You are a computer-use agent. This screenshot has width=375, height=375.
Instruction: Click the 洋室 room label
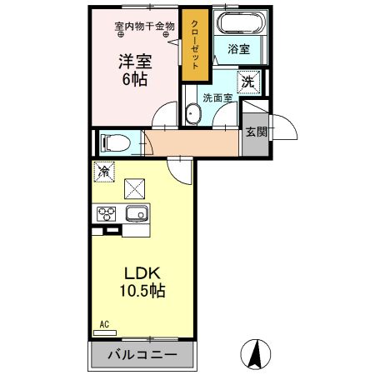pyautogui.click(x=134, y=61)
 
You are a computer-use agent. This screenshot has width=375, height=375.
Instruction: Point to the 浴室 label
pyautogui.click(x=239, y=49)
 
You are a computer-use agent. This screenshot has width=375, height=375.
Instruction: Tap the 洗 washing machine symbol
pyautogui.click(x=247, y=82)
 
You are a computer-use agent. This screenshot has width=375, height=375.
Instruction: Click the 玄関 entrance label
pyautogui.click(x=255, y=131)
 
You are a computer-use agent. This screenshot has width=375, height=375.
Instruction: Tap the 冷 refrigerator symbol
pyautogui.click(x=104, y=172)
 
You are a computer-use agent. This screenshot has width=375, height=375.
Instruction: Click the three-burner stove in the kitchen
pyautogui.click(x=107, y=214)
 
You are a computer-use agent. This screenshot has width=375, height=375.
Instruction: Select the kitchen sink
pyautogui.click(x=135, y=215)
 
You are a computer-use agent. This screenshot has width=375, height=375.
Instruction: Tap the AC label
pyautogui.click(x=104, y=323)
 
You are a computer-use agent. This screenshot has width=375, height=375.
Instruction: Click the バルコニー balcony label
pyautogui.click(x=142, y=355)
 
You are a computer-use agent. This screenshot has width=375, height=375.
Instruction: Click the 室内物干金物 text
pyautogui.click(x=145, y=26)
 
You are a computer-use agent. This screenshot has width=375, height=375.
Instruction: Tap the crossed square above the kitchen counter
pyautogui.click(x=133, y=188)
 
